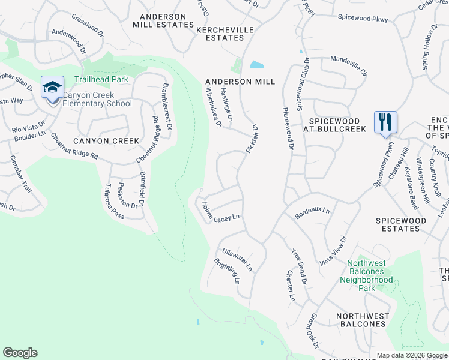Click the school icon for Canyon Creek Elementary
(52, 88)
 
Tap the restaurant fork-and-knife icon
(384, 122)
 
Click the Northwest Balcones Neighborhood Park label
(367, 271)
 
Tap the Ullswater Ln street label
(237, 259)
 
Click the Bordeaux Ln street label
(312, 212)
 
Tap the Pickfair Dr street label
(250, 138)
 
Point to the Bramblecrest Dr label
(166, 107)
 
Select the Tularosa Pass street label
(116, 201)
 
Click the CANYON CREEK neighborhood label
(106, 141)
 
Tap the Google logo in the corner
(20, 353)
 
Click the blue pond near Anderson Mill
(256, 65)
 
